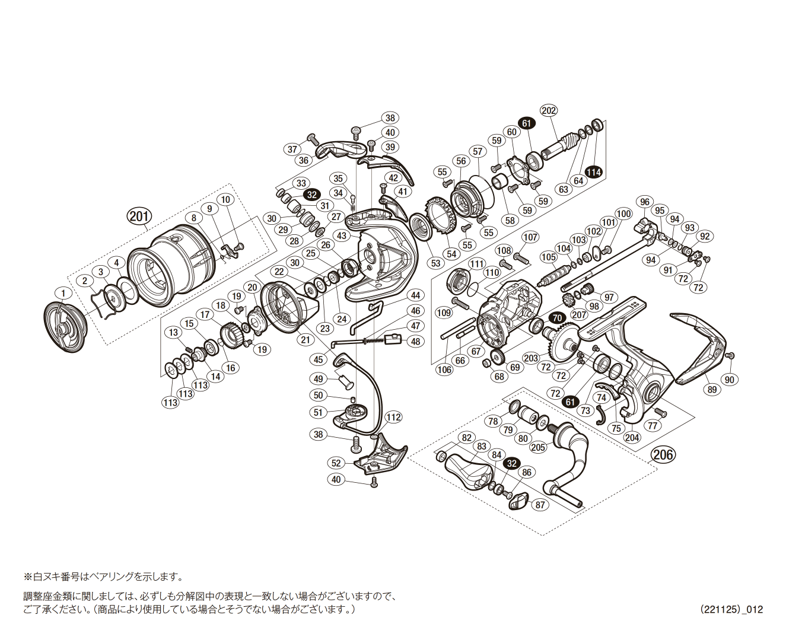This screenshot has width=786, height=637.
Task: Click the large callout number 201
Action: coord(139,216)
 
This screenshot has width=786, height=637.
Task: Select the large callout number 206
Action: coord(663,454)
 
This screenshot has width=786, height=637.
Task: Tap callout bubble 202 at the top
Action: coord(549,110)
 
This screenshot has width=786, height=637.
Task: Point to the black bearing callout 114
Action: coord(593,172)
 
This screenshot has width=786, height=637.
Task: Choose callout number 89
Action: coord(712,390)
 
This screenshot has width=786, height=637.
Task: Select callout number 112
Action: coord(393,418)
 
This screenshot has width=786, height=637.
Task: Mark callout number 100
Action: coord(623,214)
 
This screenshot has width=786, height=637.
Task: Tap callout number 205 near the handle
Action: coord(538,447)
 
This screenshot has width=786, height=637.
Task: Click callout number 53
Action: coord(436,263)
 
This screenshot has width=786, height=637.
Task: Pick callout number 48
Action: coord(415,341)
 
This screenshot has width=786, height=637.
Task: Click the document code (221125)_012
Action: coord(731,609)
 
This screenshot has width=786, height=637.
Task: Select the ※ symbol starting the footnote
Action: coord(27,577)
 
